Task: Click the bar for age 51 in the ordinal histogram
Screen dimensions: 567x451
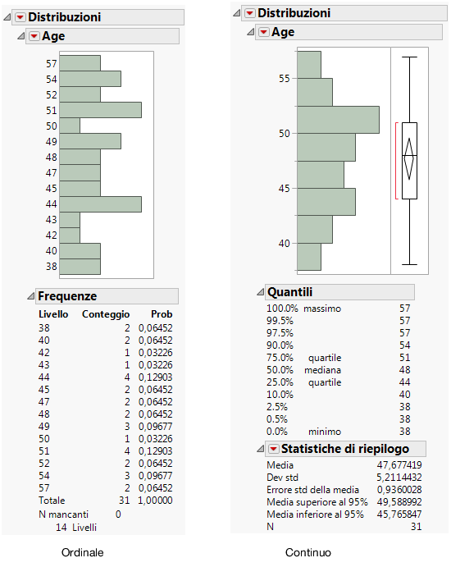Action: point(100,110)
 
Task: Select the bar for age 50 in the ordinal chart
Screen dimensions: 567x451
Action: point(70,126)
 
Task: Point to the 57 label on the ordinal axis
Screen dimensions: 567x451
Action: point(52,63)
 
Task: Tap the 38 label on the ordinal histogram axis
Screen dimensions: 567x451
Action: point(52,267)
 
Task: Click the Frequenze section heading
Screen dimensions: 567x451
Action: point(67,296)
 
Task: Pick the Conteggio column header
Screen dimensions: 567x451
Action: point(106,314)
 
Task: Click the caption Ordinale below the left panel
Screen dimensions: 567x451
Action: point(83,553)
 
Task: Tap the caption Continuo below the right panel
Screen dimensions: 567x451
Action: point(308,553)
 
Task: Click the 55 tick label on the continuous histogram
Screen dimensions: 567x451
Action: point(285,79)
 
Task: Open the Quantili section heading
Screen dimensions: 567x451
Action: point(289,292)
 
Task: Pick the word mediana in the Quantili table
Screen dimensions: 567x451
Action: point(324,370)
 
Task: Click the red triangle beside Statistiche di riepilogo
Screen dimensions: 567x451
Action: point(271,449)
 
